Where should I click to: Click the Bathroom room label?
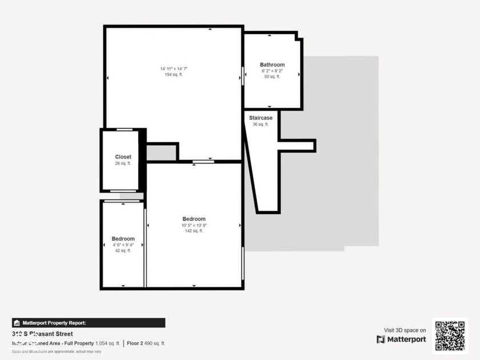(x=272, y=65)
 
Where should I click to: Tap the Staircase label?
(x=261, y=118)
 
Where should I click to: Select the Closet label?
(x=123, y=157)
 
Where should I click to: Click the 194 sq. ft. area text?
(x=174, y=75)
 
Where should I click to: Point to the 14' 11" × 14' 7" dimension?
(x=174, y=69)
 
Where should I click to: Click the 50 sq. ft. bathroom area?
(x=272, y=77)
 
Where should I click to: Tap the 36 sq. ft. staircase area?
(x=261, y=124)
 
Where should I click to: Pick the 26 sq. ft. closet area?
(x=123, y=163)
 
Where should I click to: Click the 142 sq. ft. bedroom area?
(x=194, y=231)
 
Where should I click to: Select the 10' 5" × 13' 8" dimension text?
(x=194, y=225)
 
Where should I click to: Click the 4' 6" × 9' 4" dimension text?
(x=123, y=245)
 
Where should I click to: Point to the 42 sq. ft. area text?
(x=123, y=250)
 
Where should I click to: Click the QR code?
(x=450, y=336)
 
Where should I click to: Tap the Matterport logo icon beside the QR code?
(x=381, y=339)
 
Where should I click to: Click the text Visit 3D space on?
(x=405, y=330)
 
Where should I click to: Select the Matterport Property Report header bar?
(x=89, y=323)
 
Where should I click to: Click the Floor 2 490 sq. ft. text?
(x=146, y=343)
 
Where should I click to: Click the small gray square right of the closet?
(x=161, y=153)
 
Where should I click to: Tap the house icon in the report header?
(x=17, y=323)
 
